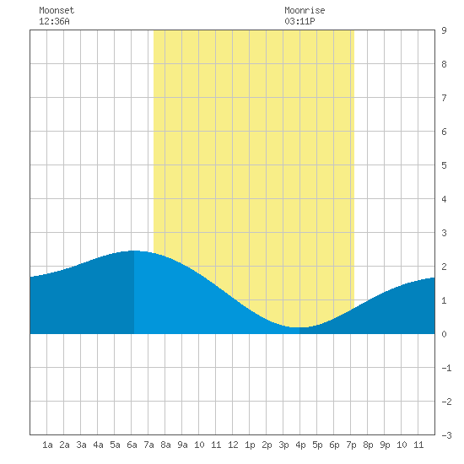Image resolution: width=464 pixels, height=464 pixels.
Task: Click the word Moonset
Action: click(x=57, y=10)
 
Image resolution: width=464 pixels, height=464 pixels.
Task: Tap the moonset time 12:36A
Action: click(x=54, y=21)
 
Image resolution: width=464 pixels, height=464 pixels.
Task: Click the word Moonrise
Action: click(x=305, y=10)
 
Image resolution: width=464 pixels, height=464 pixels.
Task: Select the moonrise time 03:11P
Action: click(x=299, y=21)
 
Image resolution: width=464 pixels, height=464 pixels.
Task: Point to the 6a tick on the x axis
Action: click(x=132, y=445)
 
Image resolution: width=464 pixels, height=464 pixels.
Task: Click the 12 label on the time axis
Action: click(x=233, y=445)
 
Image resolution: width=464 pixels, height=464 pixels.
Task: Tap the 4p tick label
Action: click(x=300, y=445)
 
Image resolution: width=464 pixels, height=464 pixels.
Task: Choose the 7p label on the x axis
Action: click(x=351, y=445)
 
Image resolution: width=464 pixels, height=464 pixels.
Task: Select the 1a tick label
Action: click(x=47, y=445)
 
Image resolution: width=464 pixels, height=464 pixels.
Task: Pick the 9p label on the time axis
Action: click(x=385, y=445)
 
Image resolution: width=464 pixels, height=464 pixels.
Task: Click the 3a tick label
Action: click(x=81, y=445)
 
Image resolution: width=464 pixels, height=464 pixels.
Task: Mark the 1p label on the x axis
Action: click(x=250, y=445)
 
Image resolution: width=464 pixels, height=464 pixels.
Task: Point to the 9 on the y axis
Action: click(x=444, y=30)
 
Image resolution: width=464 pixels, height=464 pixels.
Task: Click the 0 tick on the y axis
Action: click(x=444, y=334)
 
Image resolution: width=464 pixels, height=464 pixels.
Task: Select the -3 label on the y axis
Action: click(x=446, y=435)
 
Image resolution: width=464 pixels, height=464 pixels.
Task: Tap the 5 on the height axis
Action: click(x=444, y=165)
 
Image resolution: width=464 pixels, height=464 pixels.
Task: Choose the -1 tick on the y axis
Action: click(x=446, y=368)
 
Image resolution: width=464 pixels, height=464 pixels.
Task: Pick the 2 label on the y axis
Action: click(x=444, y=267)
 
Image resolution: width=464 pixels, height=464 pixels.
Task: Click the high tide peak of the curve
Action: click(x=134, y=251)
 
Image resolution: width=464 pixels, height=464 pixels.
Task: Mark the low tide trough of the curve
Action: click(x=297, y=327)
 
